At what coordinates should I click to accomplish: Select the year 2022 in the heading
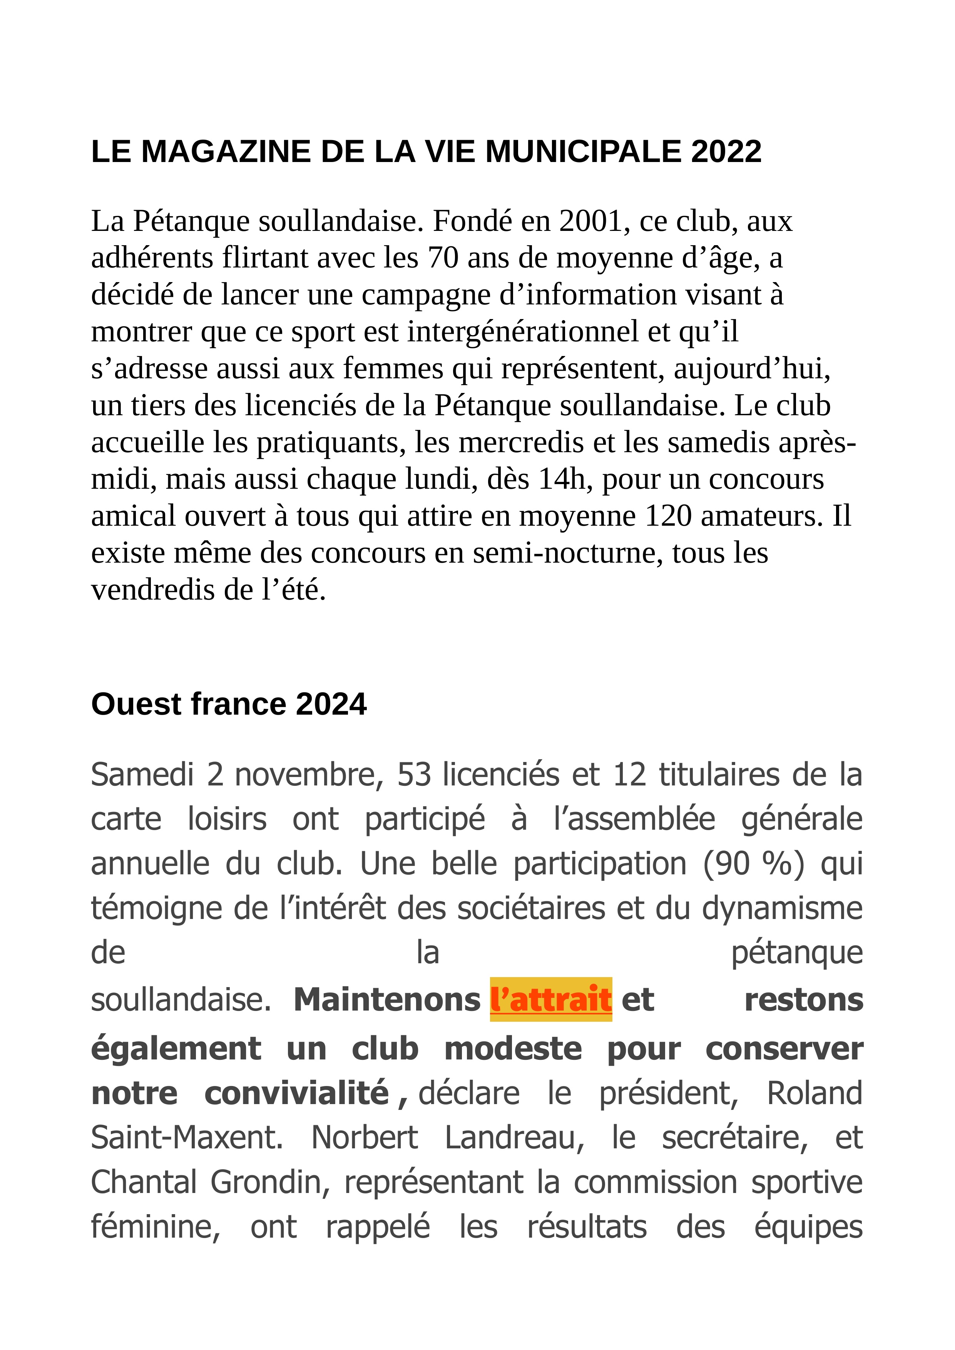click(x=726, y=152)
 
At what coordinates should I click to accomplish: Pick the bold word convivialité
click(x=297, y=1093)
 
